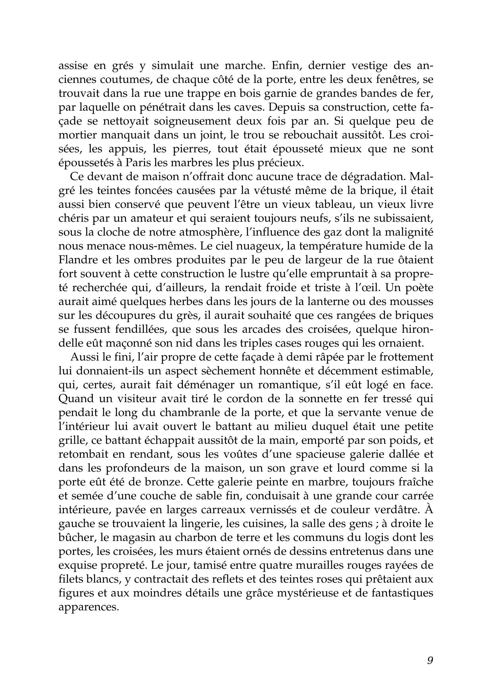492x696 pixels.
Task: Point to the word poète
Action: [x=418, y=288]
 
